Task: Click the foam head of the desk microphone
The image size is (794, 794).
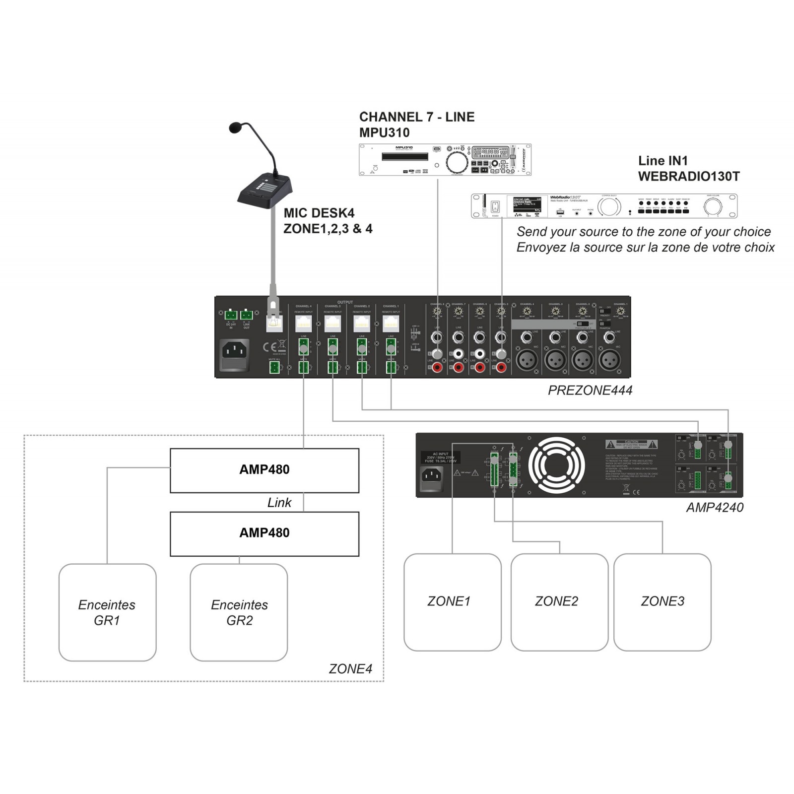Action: (x=237, y=128)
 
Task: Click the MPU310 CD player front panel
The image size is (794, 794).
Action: (x=445, y=159)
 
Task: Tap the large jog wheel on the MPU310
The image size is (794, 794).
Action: (x=457, y=162)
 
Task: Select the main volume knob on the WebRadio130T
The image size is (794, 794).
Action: (x=713, y=206)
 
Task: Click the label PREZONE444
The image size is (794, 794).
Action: (x=590, y=391)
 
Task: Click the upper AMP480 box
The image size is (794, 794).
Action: (x=264, y=470)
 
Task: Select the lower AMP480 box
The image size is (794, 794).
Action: (x=264, y=533)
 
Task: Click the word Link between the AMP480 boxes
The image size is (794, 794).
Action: (x=279, y=503)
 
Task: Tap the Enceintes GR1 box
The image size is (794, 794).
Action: (x=107, y=612)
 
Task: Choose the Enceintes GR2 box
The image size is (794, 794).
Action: (x=239, y=612)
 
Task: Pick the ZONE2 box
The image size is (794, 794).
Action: (x=559, y=601)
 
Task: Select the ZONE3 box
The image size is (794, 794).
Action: (x=662, y=601)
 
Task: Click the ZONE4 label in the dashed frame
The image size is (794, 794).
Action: (x=350, y=669)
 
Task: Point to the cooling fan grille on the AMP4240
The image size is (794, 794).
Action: (x=556, y=465)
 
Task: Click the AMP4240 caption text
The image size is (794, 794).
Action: (x=715, y=507)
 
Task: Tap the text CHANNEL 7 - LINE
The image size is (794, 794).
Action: (x=416, y=117)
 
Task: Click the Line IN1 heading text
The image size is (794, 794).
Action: (x=662, y=161)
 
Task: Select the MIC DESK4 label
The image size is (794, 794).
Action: (x=319, y=213)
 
